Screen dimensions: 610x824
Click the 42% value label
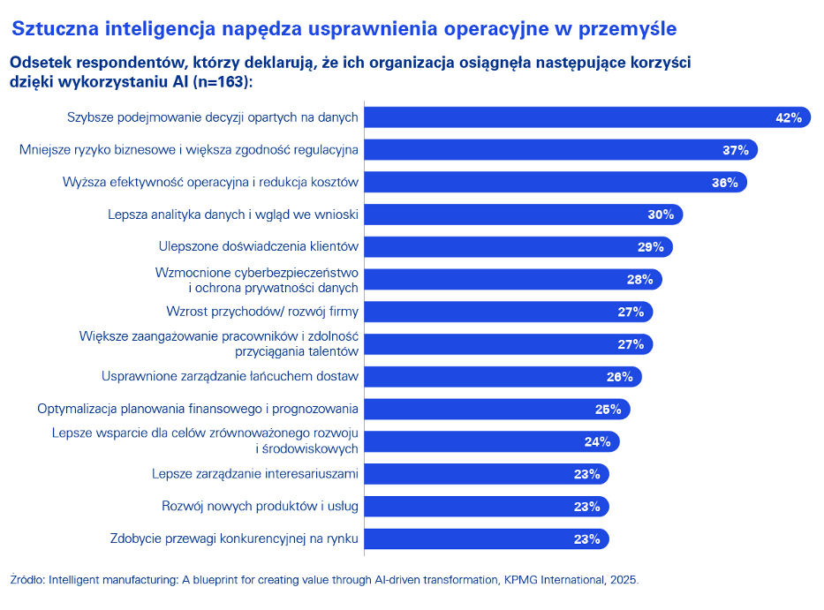click(788, 117)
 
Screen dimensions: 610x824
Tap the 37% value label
click(735, 150)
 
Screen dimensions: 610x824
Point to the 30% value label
click(661, 215)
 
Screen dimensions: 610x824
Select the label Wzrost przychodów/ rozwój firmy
click(262, 312)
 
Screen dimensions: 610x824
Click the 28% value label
click(639, 280)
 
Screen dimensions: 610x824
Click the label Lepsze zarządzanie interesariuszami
click(255, 474)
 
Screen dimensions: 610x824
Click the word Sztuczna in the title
click(52, 29)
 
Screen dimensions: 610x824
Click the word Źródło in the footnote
click(26, 580)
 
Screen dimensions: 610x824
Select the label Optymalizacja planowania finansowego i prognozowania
click(197, 409)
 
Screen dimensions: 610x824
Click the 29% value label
click(650, 247)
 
